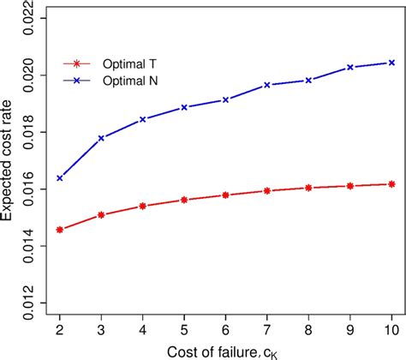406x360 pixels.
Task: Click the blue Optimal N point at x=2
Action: tap(59, 178)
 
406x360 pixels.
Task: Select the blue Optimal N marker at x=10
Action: tap(391, 63)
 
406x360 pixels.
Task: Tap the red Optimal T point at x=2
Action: tap(59, 230)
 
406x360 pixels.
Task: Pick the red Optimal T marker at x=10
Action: tap(391, 183)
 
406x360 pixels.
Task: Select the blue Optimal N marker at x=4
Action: tap(142, 119)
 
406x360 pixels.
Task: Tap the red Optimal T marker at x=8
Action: tap(308, 188)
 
